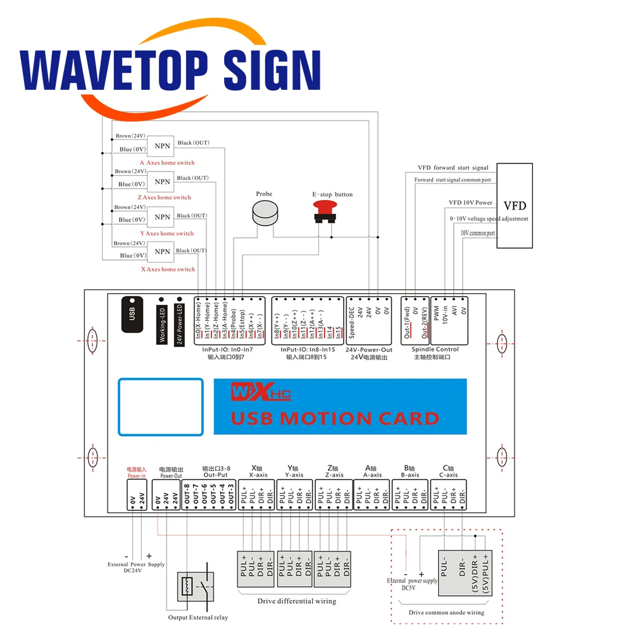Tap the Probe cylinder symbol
point(265,213)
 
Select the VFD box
point(514,206)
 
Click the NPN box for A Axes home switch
point(162,146)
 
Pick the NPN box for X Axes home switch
point(162,251)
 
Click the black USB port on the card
point(132,313)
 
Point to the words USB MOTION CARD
point(335,418)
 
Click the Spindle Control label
point(435,349)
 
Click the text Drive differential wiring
point(296,601)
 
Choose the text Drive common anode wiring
point(446,612)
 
